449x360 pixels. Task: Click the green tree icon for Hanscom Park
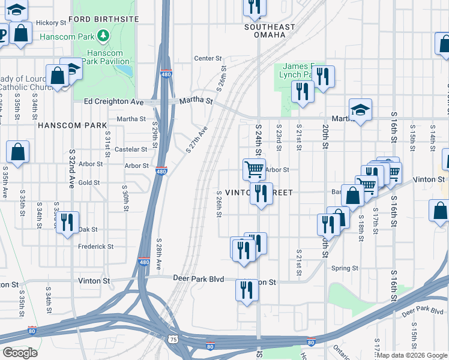click(x=104, y=37)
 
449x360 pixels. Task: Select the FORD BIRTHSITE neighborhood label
click(x=103, y=19)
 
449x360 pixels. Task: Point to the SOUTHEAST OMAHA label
click(x=270, y=31)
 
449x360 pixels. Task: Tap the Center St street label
click(x=208, y=58)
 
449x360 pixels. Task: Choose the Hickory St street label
click(x=51, y=23)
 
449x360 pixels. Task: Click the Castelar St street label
click(x=131, y=149)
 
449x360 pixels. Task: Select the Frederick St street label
click(x=96, y=246)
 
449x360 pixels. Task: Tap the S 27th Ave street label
click(x=197, y=139)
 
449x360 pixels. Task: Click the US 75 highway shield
click(x=173, y=339)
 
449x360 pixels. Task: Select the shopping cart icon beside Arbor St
click(x=254, y=169)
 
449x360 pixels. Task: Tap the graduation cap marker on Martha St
click(x=360, y=110)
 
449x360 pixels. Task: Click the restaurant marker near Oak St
click(x=67, y=221)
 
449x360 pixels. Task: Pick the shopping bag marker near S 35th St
click(x=18, y=153)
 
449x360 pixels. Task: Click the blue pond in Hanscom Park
click(x=125, y=71)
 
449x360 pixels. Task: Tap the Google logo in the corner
click(x=20, y=352)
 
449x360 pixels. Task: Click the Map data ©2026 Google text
click(x=411, y=355)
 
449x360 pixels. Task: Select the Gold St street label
click(x=89, y=182)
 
